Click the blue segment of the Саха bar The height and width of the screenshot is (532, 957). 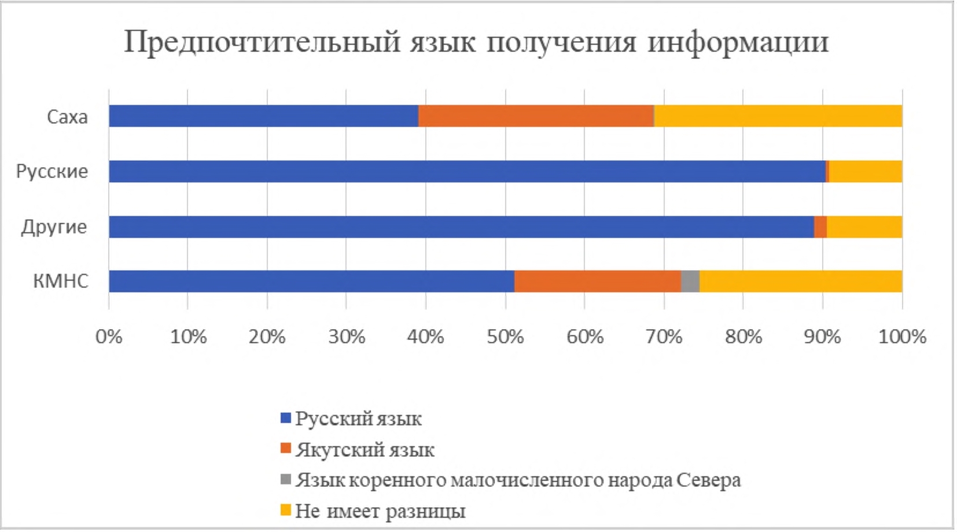[x=263, y=116]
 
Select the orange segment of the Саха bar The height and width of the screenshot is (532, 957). [x=536, y=116]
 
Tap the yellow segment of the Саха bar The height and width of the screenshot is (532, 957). [x=778, y=116]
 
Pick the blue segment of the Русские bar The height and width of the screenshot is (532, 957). [x=467, y=172]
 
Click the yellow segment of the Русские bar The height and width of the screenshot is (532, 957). [x=866, y=172]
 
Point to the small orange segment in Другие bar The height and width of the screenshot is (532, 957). [x=820, y=227]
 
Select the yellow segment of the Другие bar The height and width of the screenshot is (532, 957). [x=864, y=227]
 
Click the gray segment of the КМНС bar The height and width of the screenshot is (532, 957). [x=690, y=282]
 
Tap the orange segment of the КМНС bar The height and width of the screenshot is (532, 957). [x=598, y=282]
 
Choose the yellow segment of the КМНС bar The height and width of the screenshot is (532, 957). [x=801, y=282]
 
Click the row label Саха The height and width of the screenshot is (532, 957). [x=67, y=117]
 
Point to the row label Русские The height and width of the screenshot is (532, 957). [x=52, y=172]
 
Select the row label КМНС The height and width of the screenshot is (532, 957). [x=61, y=282]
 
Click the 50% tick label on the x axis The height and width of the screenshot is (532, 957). [x=505, y=337]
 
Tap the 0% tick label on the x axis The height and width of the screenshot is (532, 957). [x=109, y=337]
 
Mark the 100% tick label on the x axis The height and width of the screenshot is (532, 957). [x=901, y=337]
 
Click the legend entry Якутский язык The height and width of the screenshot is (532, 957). [x=365, y=450]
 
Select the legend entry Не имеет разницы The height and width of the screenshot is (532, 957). [x=380, y=511]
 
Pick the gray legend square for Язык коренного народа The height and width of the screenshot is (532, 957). [x=285, y=479]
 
